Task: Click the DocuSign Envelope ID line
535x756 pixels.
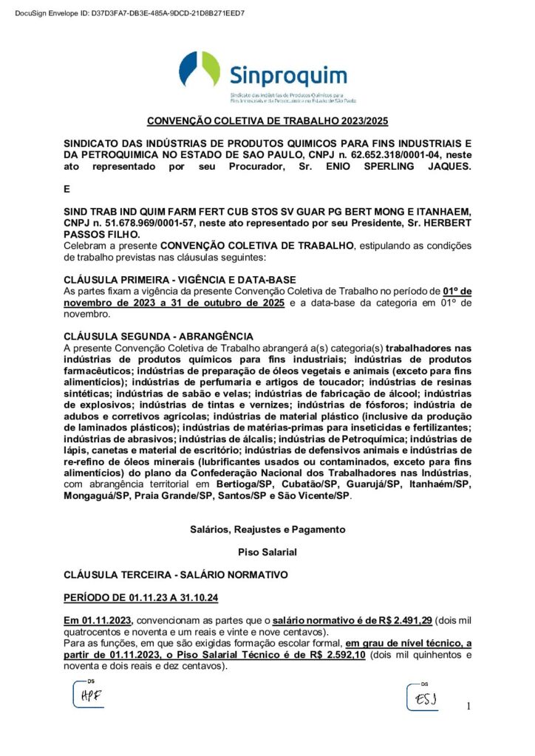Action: (x=130, y=13)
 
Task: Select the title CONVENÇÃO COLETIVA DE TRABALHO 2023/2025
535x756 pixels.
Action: (x=267, y=121)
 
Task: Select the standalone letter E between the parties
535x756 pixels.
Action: (x=67, y=190)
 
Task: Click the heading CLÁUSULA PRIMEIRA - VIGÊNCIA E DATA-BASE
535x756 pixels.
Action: (x=180, y=280)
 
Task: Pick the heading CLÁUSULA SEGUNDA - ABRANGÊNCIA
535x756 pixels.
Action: (x=158, y=336)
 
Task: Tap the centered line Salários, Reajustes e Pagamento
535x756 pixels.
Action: (x=267, y=529)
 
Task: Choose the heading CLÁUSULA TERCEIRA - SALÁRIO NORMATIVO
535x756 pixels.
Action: (x=176, y=574)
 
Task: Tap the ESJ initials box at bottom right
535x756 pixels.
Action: (x=424, y=697)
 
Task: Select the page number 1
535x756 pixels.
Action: (x=468, y=707)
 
